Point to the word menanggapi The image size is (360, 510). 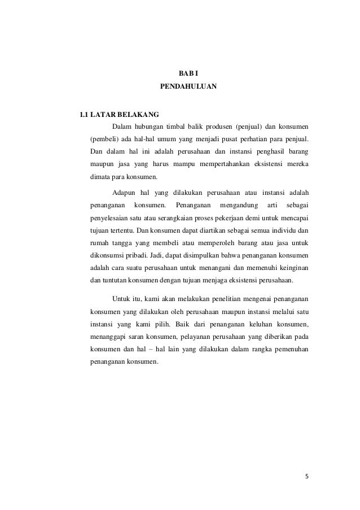coord(110,337)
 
